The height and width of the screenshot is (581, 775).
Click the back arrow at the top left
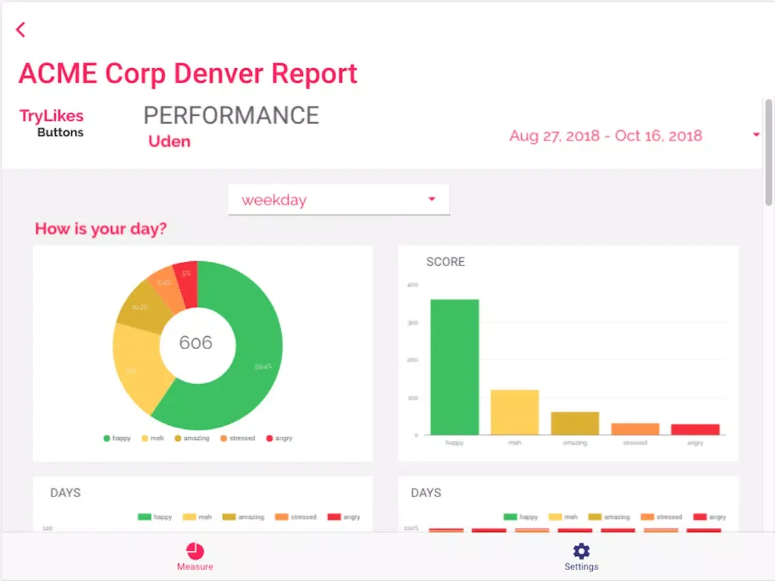[x=21, y=29]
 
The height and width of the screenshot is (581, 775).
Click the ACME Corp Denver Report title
[x=188, y=74]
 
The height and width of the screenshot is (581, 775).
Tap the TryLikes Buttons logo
[x=52, y=123]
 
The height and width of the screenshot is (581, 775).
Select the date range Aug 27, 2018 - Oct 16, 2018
[x=606, y=136]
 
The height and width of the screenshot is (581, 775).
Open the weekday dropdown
[x=338, y=200]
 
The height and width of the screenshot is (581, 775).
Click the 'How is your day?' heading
[x=101, y=228]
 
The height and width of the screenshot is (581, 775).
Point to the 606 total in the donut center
[x=196, y=342]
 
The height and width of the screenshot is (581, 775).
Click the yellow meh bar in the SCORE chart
[x=514, y=412]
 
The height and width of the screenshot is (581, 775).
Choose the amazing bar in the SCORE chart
[x=575, y=423]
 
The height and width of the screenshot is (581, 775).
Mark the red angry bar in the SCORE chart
[x=695, y=429]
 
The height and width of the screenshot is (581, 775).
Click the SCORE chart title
[x=445, y=262]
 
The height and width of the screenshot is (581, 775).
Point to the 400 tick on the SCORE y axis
[x=412, y=285]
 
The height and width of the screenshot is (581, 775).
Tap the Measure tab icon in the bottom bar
[x=195, y=551]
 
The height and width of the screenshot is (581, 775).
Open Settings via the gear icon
[x=581, y=551]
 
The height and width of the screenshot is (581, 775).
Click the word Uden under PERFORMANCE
[x=169, y=142]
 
